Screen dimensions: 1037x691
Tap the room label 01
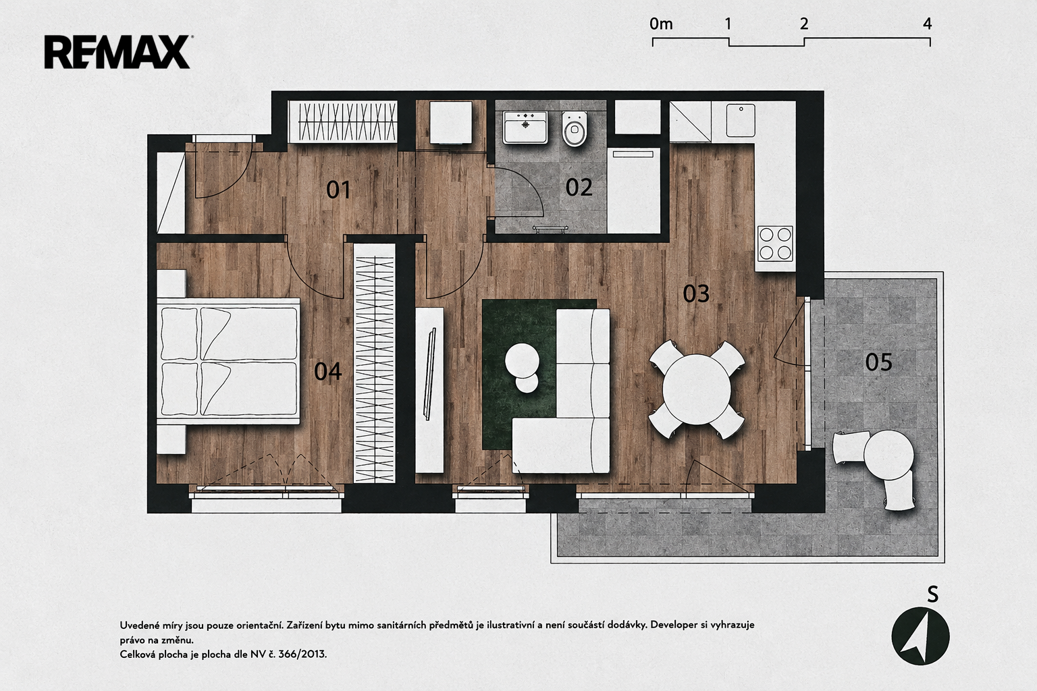(338, 190)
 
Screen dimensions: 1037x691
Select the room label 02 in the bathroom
(579, 188)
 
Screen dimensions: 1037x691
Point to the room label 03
(696, 294)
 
